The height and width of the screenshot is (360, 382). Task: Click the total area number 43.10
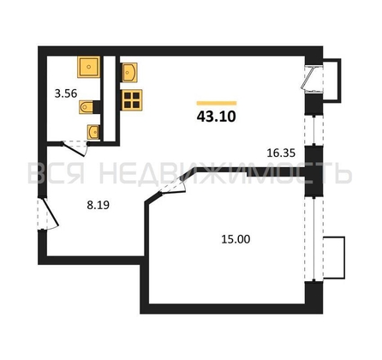[217, 117]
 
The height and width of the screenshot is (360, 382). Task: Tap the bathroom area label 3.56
[66, 93]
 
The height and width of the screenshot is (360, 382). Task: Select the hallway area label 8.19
[98, 205]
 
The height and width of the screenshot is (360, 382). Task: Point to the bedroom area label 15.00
[236, 239]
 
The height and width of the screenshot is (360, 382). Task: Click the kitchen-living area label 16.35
[281, 153]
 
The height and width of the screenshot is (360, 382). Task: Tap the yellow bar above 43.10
[217, 103]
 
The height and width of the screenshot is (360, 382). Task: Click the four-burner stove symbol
[132, 100]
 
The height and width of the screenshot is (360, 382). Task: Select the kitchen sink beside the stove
[130, 73]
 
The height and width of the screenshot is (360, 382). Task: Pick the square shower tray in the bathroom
[89, 67]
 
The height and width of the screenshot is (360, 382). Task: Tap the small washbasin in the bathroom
[93, 132]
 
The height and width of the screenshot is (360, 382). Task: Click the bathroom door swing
[75, 148]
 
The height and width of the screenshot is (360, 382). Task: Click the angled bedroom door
[172, 186]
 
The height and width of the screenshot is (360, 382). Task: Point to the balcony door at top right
[313, 80]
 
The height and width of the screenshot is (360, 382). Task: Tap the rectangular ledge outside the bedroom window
[334, 257]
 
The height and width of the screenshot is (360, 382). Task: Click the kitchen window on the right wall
[313, 130]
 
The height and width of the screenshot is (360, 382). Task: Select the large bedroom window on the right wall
[313, 238]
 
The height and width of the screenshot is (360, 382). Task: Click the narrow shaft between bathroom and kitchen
[110, 98]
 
